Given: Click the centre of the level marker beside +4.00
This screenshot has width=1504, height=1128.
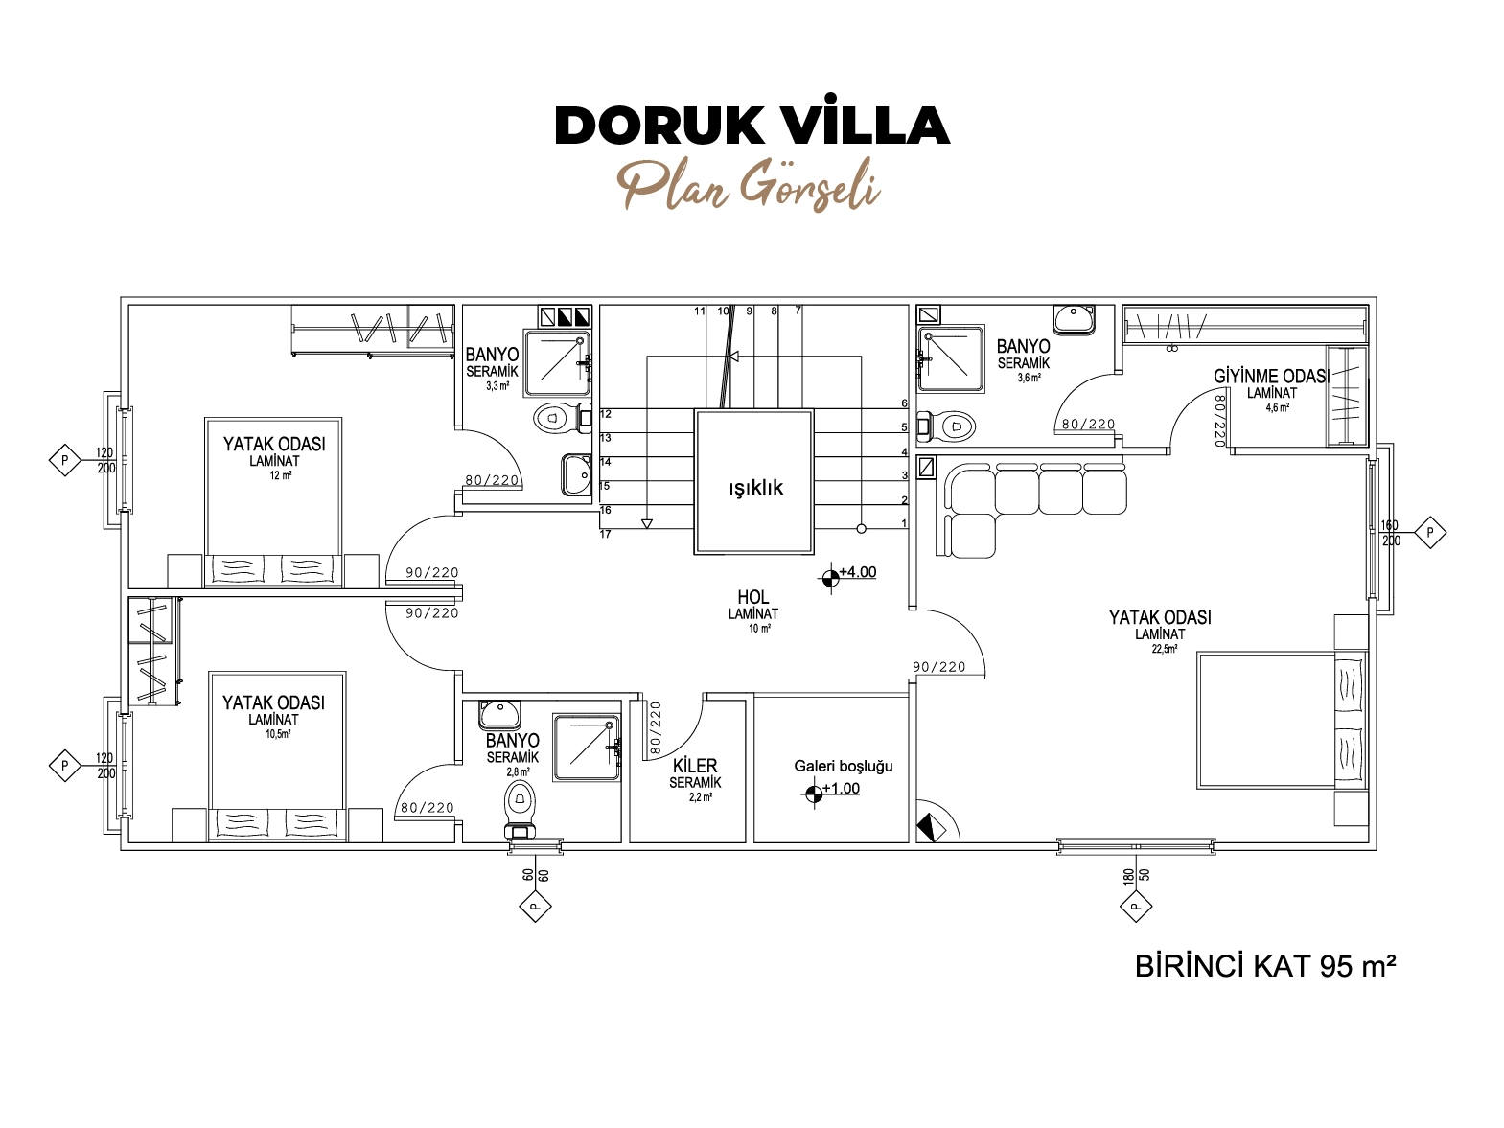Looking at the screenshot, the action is pyautogui.click(x=830, y=578).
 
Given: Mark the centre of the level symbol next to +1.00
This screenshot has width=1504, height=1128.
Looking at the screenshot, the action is pyautogui.click(x=813, y=794).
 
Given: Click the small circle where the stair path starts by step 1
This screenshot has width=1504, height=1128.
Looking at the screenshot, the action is pyautogui.click(x=862, y=529).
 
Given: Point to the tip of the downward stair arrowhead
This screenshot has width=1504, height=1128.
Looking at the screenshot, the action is pyautogui.click(x=647, y=529).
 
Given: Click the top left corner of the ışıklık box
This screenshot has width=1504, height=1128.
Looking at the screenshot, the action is pyautogui.click(x=695, y=409).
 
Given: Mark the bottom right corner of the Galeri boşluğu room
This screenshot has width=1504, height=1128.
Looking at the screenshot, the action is pyautogui.click(x=909, y=842).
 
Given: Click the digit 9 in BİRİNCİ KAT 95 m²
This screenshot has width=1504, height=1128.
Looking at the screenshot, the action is pyautogui.click(x=1328, y=966).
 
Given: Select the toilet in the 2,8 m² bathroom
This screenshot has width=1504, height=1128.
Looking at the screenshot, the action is pyautogui.click(x=521, y=811).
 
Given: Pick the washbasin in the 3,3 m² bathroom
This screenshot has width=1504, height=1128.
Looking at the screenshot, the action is pyautogui.click(x=576, y=474).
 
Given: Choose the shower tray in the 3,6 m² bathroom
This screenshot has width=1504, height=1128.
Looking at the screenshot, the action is pyautogui.click(x=951, y=358).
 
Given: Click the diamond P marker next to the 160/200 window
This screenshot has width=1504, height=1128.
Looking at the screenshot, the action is pyautogui.click(x=1429, y=532).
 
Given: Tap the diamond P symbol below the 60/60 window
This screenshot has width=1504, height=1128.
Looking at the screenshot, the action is pyautogui.click(x=535, y=906).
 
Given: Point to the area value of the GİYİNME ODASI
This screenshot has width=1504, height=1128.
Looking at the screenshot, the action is pyautogui.click(x=1278, y=407).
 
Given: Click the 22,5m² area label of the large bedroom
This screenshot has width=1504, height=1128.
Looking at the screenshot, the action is pyautogui.click(x=1164, y=649).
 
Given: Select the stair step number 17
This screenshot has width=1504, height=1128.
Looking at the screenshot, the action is pyautogui.click(x=605, y=534).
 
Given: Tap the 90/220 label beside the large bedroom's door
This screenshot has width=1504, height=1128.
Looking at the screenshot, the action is pyautogui.click(x=938, y=667).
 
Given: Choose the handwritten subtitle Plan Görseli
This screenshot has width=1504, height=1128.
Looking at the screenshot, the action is pyautogui.click(x=749, y=185).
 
